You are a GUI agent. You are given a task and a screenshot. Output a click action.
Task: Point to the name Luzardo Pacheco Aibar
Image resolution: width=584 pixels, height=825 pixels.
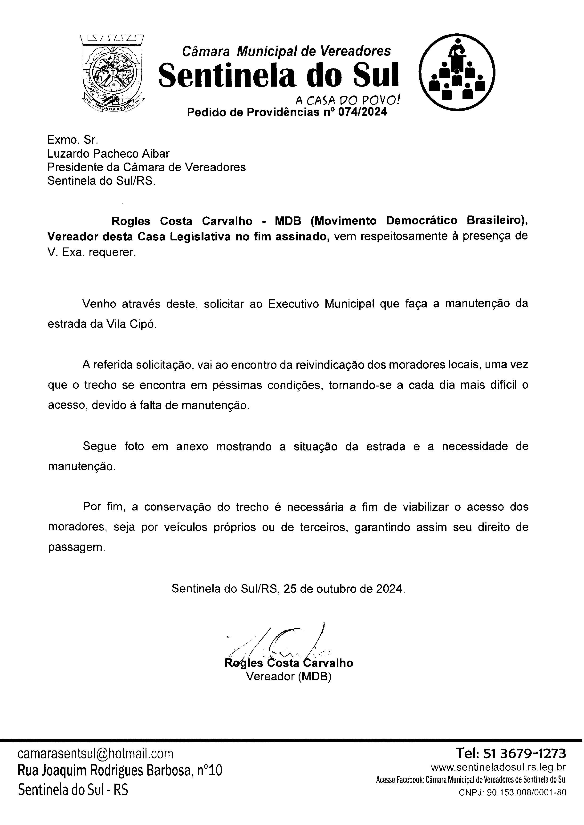point(108,154)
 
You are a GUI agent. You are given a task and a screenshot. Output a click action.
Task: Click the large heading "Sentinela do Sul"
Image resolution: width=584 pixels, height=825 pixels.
point(279,75)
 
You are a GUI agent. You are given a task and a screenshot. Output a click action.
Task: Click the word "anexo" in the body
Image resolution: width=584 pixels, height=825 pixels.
point(192,446)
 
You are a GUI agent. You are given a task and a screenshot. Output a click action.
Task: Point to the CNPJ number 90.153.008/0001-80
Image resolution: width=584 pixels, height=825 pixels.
point(527,792)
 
